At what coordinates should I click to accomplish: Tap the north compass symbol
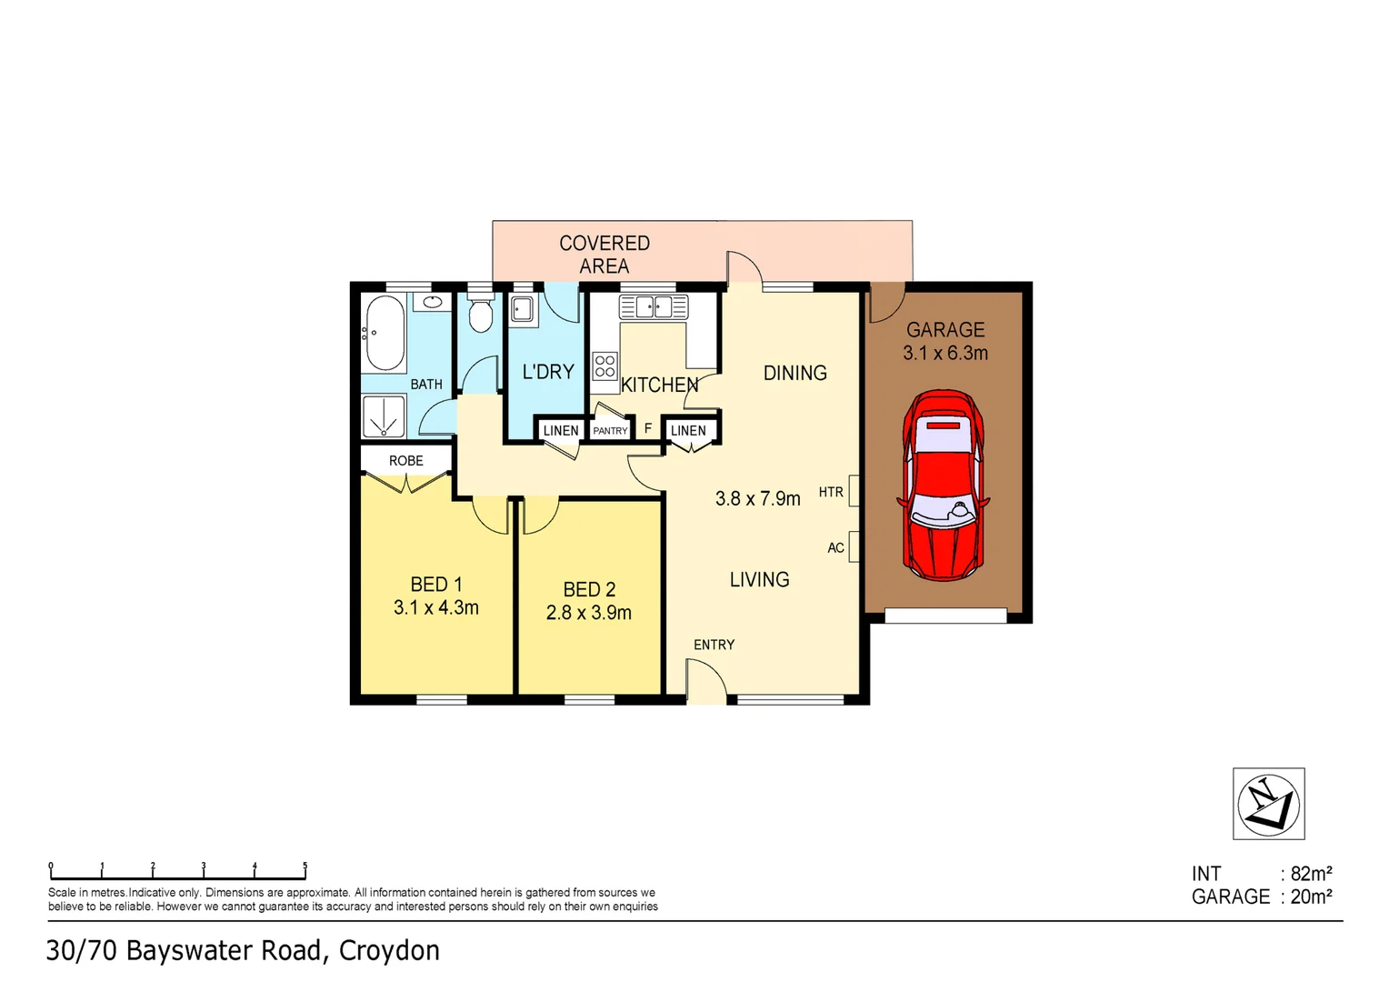[1268, 804]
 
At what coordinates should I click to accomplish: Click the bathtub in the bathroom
[384, 333]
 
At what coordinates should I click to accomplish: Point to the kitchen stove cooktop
[605, 366]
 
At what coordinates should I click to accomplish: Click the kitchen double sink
[653, 306]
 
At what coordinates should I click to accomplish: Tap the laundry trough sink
[523, 309]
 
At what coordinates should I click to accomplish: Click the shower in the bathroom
[384, 417]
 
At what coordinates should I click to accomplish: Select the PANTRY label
[610, 431]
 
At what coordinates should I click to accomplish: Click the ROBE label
[406, 461]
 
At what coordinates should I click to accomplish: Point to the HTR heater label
[831, 493]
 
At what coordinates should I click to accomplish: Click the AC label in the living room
[835, 548]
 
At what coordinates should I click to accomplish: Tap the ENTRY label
[714, 645]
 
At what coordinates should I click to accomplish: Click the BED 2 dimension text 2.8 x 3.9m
[588, 613]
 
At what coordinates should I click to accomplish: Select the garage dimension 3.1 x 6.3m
[944, 354]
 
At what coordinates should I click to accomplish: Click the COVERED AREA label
[605, 255]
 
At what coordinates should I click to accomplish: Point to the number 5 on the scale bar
[305, 867]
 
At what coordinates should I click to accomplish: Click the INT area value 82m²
[1311, 874]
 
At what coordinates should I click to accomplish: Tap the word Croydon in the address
[389, 951]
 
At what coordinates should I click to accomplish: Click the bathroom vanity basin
[434, 302]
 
